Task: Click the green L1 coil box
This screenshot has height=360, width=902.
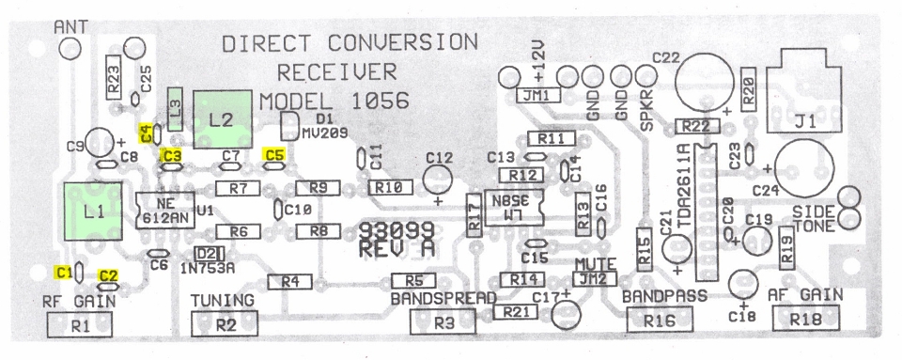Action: [x=93, y=211]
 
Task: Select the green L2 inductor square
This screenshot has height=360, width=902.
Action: [x=224, y=119]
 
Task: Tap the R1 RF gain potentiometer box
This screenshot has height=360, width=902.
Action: [x=80, y=325]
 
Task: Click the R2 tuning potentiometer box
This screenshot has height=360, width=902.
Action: [x=225, y=323]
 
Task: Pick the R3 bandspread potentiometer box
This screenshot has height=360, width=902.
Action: [x=443, y=321]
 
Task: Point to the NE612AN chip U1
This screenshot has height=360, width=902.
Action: [x=166, y=211]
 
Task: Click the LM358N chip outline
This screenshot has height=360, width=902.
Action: [x=514, y=208]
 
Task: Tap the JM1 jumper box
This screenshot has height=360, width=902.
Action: [x=538, y=96]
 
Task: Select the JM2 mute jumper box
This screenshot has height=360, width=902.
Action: [x=595, y=279]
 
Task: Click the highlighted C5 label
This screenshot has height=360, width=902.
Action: [x=273, y=154]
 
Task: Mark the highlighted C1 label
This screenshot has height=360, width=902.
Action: [x=64, y=272]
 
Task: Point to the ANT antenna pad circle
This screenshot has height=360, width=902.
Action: [x=70, y=48]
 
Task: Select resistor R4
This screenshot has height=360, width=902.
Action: [x=290, y=282]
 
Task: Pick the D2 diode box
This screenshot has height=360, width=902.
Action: [x=208, y=254]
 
